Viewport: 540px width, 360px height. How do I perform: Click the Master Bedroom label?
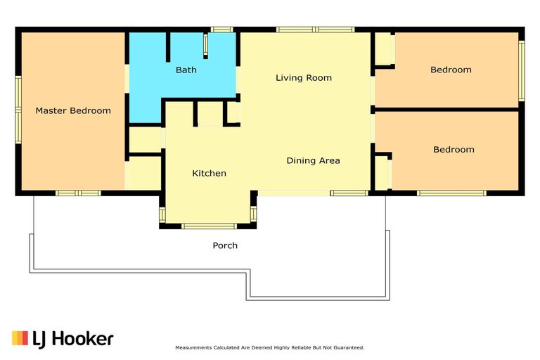coord(73,110)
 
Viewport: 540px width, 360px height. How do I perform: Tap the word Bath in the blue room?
coord(186,70)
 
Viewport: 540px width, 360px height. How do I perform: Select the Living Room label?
coord(304,78)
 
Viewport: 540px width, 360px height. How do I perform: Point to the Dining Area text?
coord(313,160)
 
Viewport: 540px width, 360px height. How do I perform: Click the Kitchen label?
coord(209,173)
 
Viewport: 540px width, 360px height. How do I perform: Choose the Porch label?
coord(225,245)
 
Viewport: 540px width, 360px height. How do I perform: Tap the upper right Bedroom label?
coord(451,70)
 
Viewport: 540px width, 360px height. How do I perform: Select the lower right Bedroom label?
coord(454,150)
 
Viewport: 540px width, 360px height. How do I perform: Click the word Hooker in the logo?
coord(83,339)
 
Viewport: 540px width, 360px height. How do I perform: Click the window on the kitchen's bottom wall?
coord(209,226)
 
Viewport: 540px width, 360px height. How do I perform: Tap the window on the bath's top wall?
coord(221,30)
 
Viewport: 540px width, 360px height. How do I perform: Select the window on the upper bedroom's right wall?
coord(522,70)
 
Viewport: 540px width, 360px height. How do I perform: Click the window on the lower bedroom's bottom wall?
coord(451,193)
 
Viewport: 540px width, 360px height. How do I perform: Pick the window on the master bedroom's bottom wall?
coord(78,193)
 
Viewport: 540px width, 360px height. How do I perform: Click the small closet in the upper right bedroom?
coord(385,49)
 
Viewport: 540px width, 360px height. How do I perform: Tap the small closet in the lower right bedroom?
coord(382,173)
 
